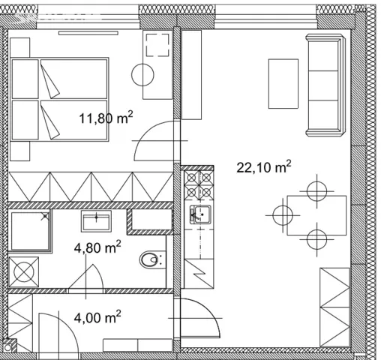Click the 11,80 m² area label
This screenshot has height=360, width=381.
coord(106,118)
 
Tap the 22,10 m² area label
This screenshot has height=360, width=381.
coord(264,166)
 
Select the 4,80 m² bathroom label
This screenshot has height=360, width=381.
coord(97,247)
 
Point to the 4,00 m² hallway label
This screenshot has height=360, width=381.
coord(97,317)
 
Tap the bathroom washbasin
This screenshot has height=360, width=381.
coord(96,220)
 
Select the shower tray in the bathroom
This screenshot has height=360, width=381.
coord(30,230)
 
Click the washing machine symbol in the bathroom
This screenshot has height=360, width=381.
coord(24,271)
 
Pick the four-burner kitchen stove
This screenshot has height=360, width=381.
coord(199,185)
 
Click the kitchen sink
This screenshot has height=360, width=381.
coord(200,214)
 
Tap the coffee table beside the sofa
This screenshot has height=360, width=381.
coord(283,84)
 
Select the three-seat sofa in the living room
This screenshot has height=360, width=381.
coord(325,85)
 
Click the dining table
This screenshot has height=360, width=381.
coord(316,215)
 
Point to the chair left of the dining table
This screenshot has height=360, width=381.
coord(283,215)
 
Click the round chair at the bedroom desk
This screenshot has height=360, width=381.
coord(142,75)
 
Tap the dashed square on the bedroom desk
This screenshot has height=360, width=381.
coord(157,45)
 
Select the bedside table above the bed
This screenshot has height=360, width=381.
coord(20,47)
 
